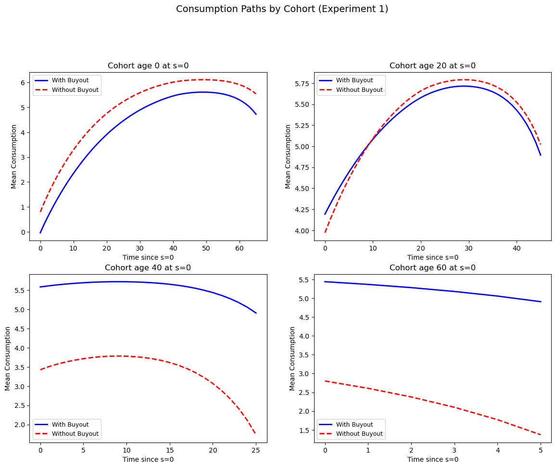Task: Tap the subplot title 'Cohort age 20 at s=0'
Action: coord(432,66)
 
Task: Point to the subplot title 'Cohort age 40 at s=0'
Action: coord(148,268)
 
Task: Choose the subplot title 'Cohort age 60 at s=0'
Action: coord(432,268)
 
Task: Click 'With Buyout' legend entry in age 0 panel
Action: coord(70,80)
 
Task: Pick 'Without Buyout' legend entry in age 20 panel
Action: coord(359,90)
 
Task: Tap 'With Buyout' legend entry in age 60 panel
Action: coord(355,424)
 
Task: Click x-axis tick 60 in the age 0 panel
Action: coord(240,249)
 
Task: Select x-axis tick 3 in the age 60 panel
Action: coord(455,451)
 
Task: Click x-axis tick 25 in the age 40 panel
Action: coord(256,451)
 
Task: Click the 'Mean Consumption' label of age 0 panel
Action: coord(14,156)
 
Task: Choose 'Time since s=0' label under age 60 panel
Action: coord(432,459)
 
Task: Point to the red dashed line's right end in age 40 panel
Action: coord(256,435)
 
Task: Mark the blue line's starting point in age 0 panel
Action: coord(40,233)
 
